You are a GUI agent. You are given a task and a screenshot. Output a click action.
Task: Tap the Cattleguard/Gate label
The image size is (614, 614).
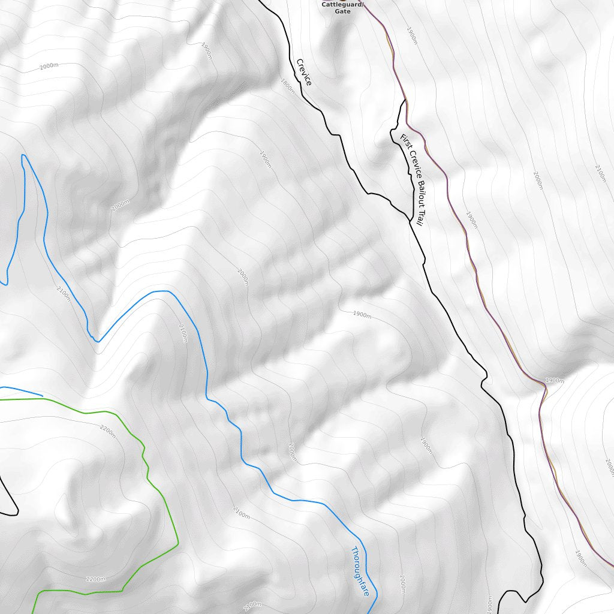point(342,7)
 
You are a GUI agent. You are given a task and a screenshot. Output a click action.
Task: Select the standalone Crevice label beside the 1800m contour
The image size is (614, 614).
point(304,72)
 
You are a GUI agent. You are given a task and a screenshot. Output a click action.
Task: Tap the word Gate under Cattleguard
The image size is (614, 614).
point(342,11)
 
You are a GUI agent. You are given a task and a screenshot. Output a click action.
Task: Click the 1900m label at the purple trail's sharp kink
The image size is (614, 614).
point(555,380)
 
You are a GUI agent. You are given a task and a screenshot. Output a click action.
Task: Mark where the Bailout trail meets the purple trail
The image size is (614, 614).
point(405,101)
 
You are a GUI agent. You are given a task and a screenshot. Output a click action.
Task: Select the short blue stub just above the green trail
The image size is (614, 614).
point(21,390)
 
